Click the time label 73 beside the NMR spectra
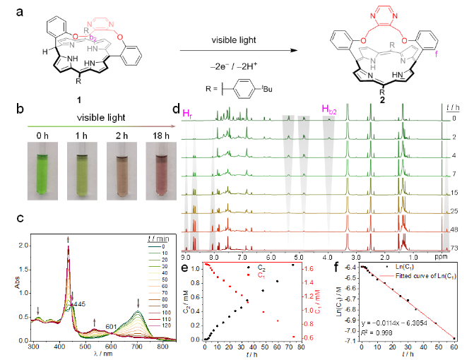458,248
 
